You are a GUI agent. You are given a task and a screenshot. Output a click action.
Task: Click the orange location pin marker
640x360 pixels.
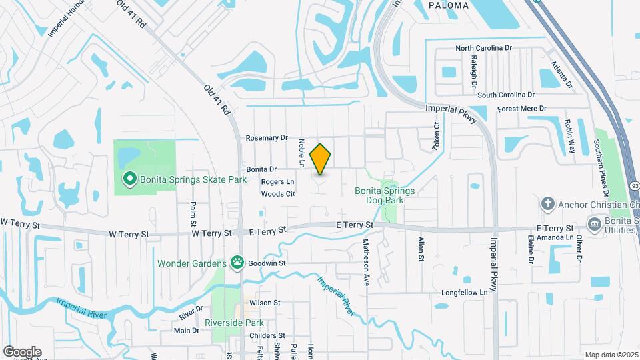[x=321, y=159]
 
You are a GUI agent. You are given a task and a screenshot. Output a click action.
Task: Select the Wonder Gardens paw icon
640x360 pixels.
[x=237, y=263]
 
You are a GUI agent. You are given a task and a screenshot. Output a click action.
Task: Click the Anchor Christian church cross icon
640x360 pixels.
[x=547, y=203]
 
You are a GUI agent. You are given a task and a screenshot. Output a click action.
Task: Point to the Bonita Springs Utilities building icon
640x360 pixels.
[x=594, y=223]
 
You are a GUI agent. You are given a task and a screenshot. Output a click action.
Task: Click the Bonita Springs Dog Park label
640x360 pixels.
[x=385, y=195]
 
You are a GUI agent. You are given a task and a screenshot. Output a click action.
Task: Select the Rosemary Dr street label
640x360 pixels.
[x=266, y=138]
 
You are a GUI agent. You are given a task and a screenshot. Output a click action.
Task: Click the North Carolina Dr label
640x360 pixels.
[x=483, y=49]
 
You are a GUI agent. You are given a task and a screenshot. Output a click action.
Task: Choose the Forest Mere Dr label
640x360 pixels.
[x=522, y=108]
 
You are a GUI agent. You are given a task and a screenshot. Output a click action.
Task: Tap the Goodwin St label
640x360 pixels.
[x=268, y=263]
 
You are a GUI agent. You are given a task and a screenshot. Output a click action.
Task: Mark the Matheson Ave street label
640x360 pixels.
[x=366, y=253]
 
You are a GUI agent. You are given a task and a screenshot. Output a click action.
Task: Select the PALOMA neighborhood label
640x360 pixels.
[x=448, y=5]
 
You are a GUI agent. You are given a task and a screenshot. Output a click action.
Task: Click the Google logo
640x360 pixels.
[x=22, y=352]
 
